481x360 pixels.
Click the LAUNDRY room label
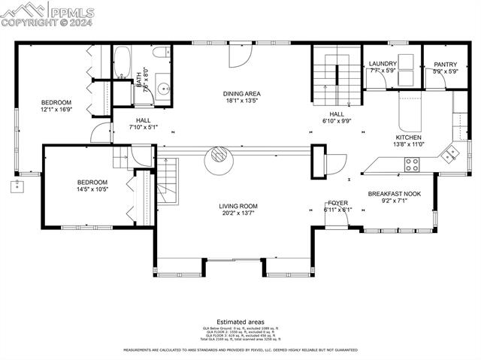pyautogui.click(x=383, y=63)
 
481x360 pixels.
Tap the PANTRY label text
pyautogui.click(x=446, y=63)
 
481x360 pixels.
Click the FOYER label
pyautogui.click(x=337, y=203)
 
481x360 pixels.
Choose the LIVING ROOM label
pyautogui.click(x=238, y=206)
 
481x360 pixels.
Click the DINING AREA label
pyautogui.click(x=242, y=93)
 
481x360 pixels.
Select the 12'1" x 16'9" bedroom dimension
pyautogui.click(x=56, y=110)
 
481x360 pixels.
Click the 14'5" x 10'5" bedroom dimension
pyautogui.click(x=92, y=189)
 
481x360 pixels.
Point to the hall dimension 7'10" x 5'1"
pyautogui.click(x=143, y=127)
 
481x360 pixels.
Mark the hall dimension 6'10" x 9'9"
pyautogui.click(x=337, y=120)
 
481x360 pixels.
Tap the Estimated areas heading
pyautogui.click(x=240, y=321)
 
